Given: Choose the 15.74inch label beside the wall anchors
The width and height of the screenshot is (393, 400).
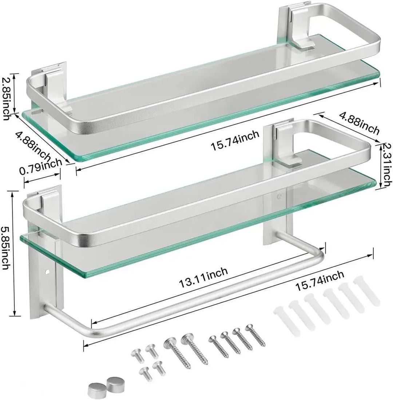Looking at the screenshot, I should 319,281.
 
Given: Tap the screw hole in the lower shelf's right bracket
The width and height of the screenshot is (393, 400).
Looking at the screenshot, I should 279,197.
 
